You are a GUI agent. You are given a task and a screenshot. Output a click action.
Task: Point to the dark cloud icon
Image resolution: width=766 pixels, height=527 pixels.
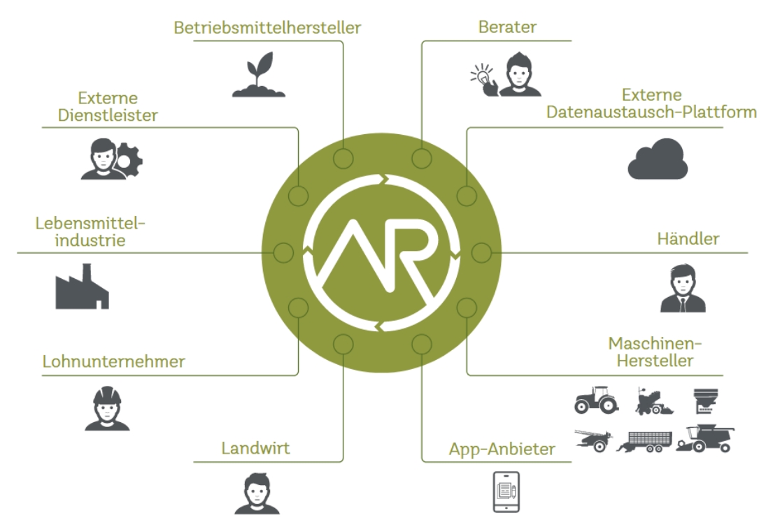(658, 159)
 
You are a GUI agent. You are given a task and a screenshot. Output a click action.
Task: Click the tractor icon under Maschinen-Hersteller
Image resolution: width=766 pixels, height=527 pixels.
(596, 400)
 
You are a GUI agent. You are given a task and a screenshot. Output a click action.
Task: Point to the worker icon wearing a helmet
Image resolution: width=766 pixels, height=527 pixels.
(103, 409)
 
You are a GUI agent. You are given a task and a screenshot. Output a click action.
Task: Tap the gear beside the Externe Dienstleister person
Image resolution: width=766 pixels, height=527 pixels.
(129, 161)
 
